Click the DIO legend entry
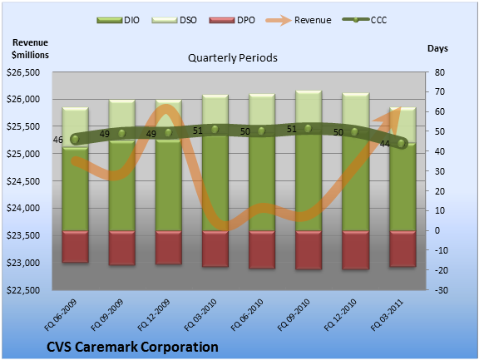118,20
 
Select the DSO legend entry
174,20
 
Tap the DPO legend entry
232,20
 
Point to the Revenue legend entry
299,20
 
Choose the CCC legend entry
365,20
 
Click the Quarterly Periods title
233,57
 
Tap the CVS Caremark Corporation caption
132,347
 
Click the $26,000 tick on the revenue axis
23,99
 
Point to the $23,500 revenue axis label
23,235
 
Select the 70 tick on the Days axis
440,91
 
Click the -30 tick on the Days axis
442,290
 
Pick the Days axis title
437,48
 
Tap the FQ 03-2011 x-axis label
388,315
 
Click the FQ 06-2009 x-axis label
61,315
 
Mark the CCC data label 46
57,140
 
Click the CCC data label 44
384,144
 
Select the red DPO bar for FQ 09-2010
309,250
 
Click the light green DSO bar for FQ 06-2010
262,111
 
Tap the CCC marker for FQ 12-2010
354,132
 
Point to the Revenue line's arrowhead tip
400,107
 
